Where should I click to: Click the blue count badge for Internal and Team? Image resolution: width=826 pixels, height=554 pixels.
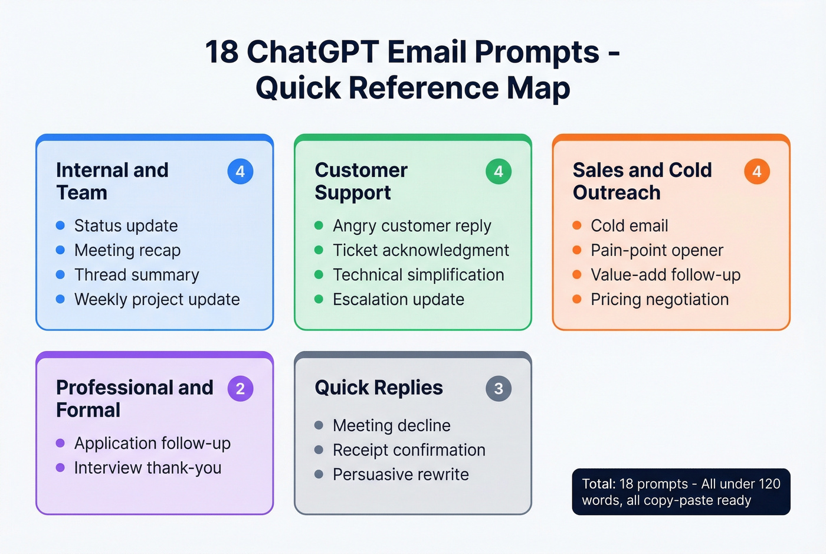click(240, 172)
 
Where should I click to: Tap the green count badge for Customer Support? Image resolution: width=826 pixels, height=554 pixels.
click(499, 172)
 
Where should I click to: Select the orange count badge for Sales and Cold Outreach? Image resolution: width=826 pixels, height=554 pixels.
click(757, 172)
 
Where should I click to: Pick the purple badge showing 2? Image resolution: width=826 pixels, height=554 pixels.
click(240, 389)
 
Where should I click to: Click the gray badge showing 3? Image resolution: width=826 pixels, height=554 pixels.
click(499, 389)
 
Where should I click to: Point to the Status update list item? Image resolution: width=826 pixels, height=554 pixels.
click(126, 226)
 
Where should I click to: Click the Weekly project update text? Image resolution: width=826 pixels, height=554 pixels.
click(157, 300)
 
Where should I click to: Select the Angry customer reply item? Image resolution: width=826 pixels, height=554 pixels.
click(412, 226)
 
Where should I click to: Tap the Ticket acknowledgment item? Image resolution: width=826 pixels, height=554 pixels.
click(421, 251)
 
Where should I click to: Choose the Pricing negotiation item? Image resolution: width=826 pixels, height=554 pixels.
click(660, 300)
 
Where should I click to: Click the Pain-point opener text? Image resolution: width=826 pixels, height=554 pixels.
click(657, 251)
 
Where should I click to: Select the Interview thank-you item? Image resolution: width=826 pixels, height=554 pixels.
click(147, 468)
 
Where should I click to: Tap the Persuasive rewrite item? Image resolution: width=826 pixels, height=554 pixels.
click(401, 475)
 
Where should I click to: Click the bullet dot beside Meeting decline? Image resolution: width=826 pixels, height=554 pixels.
click(319, 425)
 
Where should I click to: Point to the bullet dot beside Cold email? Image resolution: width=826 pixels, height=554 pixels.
click(577, 225)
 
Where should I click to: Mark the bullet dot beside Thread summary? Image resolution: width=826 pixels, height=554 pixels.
click(60, 275)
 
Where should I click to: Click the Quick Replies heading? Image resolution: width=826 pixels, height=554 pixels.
click(379, 388)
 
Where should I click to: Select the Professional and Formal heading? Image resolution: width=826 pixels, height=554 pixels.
click(135, 399)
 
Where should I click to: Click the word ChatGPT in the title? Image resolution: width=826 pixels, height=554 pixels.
click(313, 52)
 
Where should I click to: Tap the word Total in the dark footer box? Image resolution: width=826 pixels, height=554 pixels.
click(598, 484)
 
